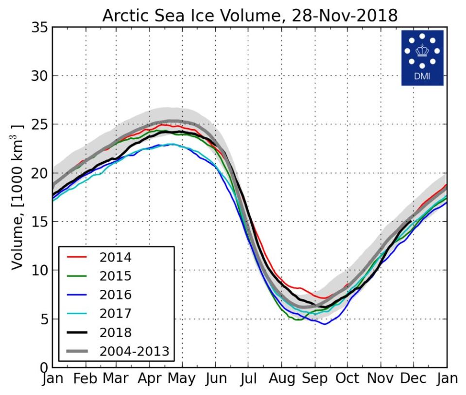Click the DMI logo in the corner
(422, 57)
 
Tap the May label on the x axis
(183, 379)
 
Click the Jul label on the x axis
(248, 379)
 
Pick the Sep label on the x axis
(314, 379)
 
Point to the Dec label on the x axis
(413, 379)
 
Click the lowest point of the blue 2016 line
(324, 324)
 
